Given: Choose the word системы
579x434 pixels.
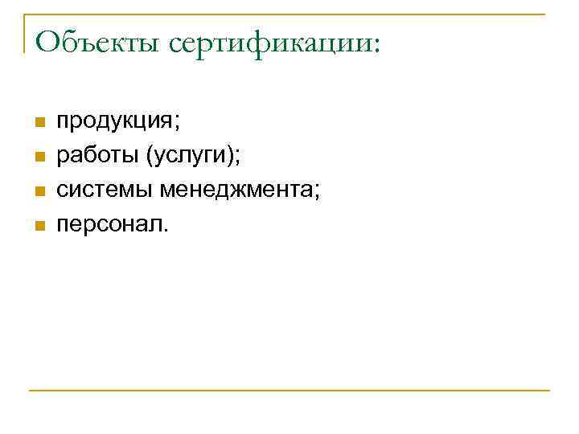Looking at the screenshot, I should coord(105,190).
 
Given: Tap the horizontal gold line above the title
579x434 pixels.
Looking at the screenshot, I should coord(289,14).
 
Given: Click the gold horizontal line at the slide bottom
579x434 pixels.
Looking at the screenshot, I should coord(289,391).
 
